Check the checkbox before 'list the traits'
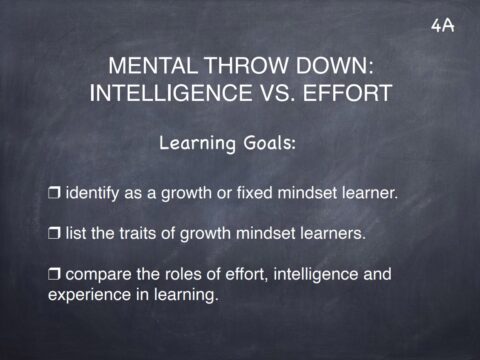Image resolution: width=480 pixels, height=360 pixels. point(55,234)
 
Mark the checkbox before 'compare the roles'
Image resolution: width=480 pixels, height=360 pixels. point(55,273)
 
